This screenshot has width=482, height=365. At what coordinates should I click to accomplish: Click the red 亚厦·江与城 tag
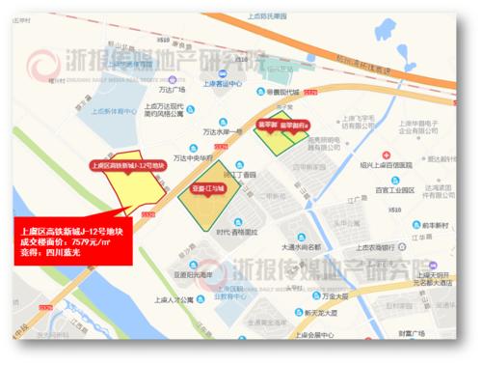[206, 190]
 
